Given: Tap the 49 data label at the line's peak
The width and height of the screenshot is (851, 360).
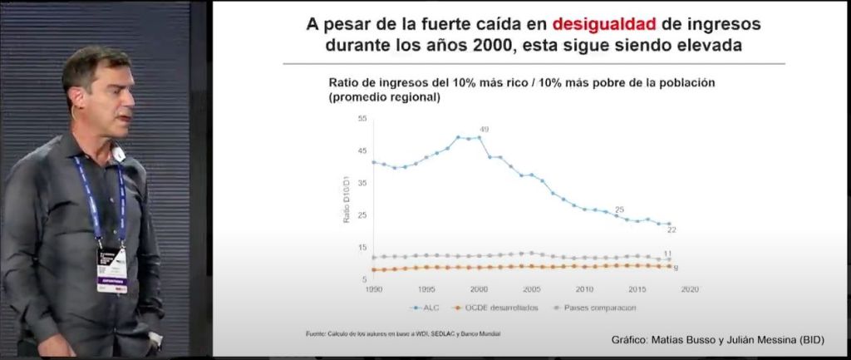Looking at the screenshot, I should [484, 129].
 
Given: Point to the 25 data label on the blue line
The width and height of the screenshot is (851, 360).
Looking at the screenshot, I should [619, 210].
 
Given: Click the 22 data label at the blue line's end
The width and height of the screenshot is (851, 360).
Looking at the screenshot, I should [671, 229].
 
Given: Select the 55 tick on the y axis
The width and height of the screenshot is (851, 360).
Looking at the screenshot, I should [362, 119].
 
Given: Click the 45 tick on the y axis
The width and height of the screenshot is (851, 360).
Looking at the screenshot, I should [362, 151].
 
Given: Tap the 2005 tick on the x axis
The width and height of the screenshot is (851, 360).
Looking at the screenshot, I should [530, 288].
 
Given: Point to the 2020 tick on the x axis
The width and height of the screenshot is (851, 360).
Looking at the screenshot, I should [688, 288].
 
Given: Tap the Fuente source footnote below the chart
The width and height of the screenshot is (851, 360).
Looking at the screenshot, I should [402, 334].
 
